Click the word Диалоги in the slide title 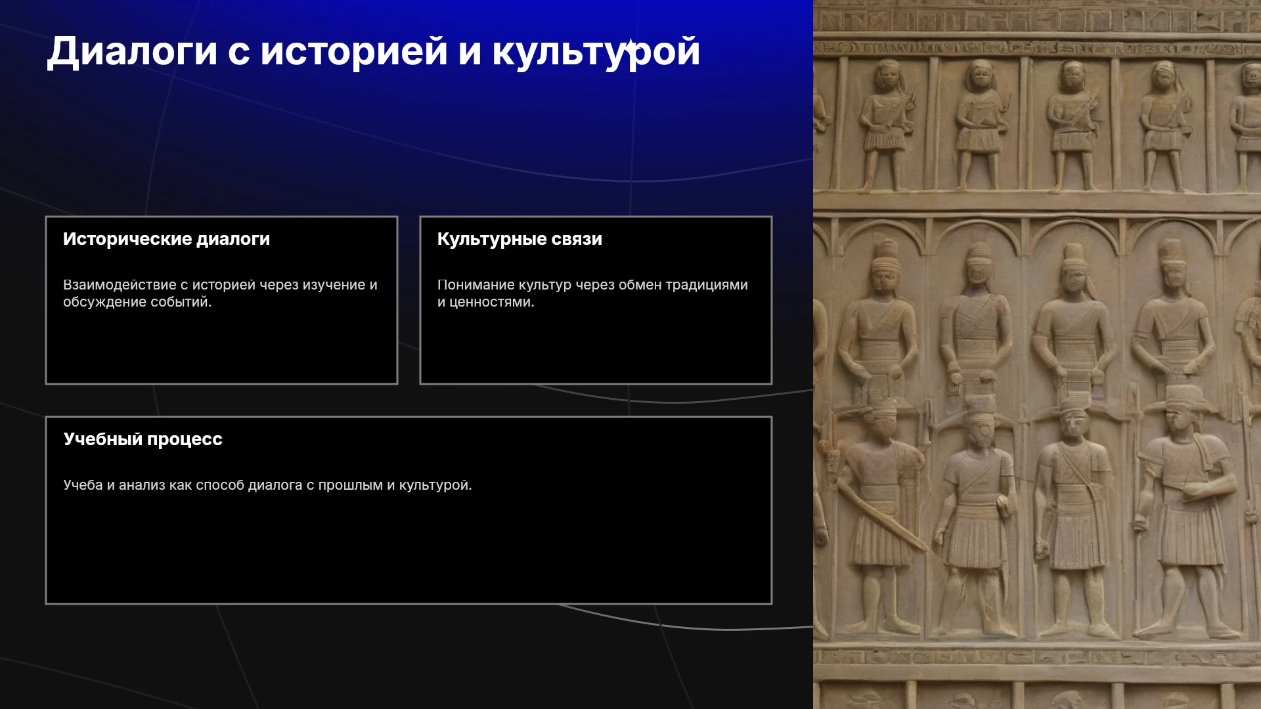coord(132,51)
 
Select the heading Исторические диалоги coord(166,239)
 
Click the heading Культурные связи coord(520,239)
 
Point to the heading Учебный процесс coord(143,439)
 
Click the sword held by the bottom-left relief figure coord(881,516)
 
